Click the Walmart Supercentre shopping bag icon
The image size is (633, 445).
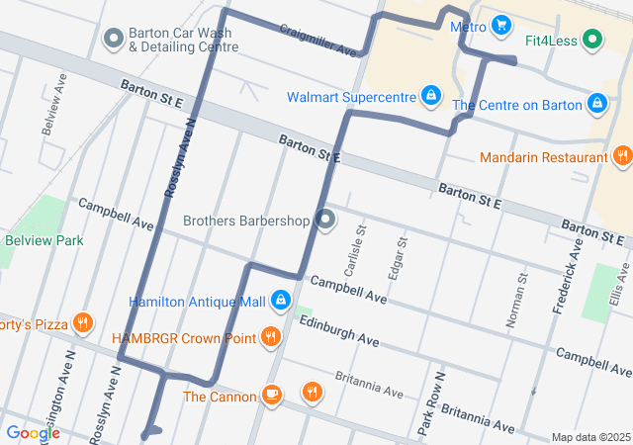click(430, 96)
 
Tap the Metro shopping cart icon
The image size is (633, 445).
click(501, 26)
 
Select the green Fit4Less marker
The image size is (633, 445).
click(592, 40)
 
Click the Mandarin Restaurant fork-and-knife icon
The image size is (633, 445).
click(622, 156)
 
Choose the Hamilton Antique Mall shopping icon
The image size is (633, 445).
click(281, 300)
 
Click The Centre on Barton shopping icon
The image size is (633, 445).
click(597, 103)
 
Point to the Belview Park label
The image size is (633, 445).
click(45, 239)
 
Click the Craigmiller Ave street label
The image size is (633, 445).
click(317, 41)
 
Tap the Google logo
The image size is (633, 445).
click(33, 432)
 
